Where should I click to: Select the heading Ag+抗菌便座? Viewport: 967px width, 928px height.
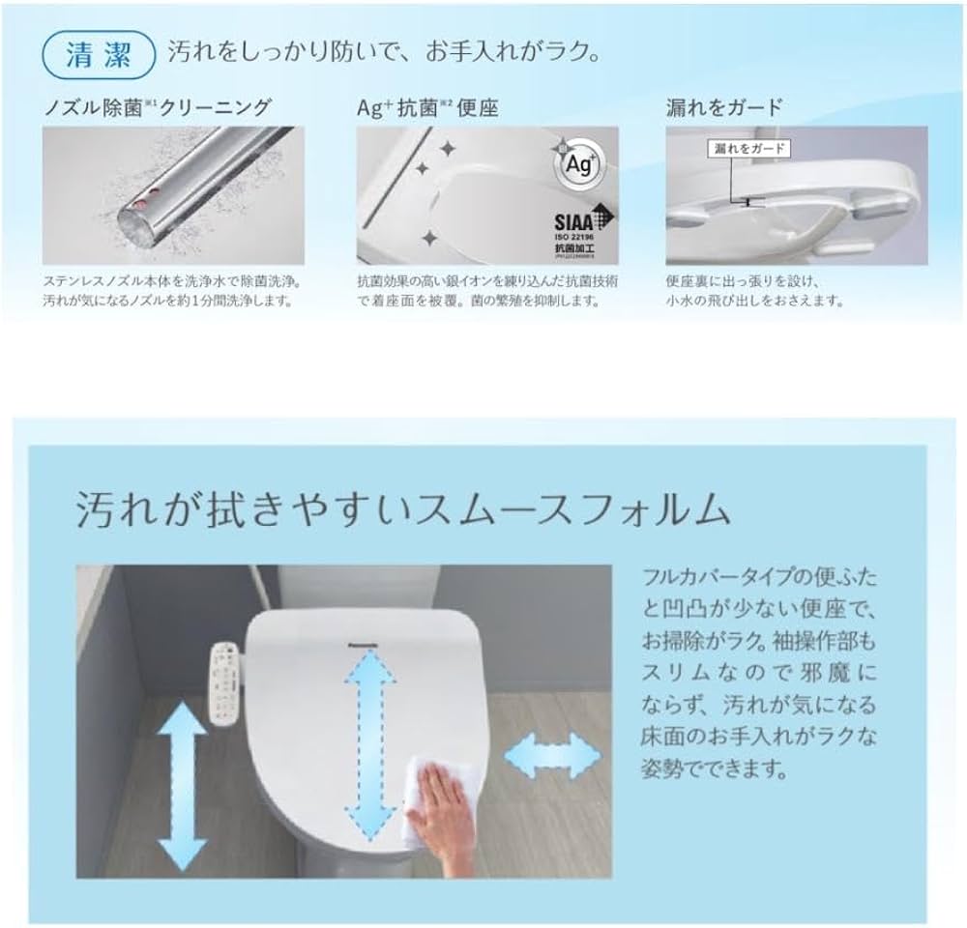[x=426, y=106]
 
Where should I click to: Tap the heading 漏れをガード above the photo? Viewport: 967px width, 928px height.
[x=725, y=106]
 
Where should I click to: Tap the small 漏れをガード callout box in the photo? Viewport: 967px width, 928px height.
[x=747, y=148]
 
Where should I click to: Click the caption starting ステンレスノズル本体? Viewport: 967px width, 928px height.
[x=166, y=291]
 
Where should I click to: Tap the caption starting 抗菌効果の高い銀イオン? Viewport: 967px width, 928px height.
[x=487, y=291]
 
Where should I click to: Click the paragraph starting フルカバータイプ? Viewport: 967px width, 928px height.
[x=759, y=675]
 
